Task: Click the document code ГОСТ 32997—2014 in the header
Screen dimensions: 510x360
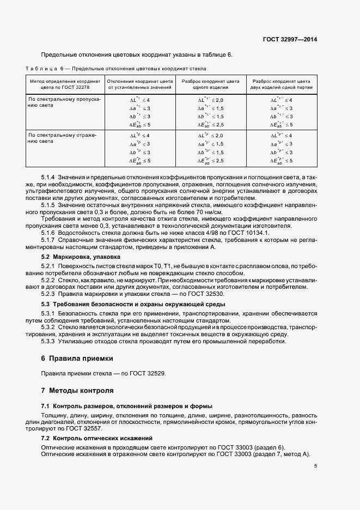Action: click(290, 40)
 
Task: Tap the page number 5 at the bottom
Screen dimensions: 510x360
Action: click(316, 465)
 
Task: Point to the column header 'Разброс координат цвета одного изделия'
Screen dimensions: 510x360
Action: click(210, 83)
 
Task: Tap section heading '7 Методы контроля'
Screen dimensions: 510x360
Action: click(77, 391)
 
